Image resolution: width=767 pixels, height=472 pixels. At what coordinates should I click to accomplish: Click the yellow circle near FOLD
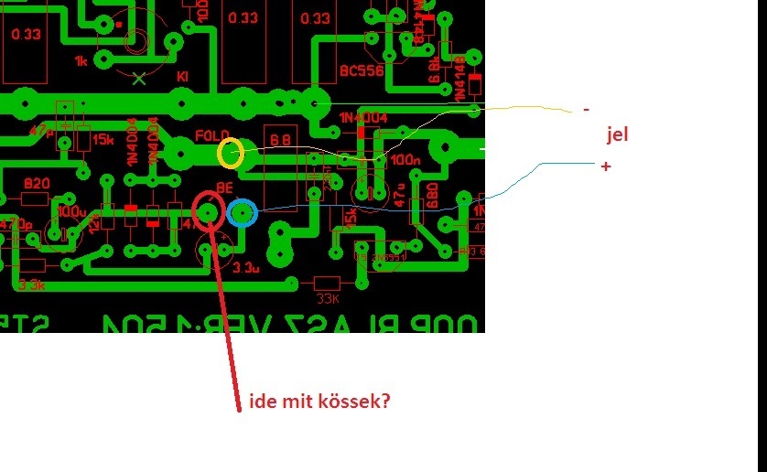pyautogui.click(x=230, y=153)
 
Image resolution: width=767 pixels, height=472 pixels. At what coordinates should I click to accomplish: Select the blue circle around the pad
pyautogui.click(x=242, y=213)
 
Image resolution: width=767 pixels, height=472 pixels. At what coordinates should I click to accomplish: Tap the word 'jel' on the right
pyautogui.click(x=617, y=135)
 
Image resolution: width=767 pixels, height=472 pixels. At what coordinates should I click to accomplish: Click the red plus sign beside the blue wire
pyautogui.click(x=605, y=166)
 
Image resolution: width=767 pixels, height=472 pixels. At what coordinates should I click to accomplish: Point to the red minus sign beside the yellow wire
pyautogui.click(x=586, y=109)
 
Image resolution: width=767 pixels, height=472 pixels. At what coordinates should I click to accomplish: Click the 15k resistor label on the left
pyautogui.click(x=103, y=140)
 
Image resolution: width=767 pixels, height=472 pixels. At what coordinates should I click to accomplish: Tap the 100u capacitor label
pyautogui.click(x=70, y=211)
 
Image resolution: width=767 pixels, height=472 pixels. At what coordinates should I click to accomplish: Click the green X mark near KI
pyautogui.click(x=139, y=79)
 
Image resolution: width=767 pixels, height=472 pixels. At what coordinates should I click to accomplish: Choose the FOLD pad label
pyautogui.click(x=212, y=136)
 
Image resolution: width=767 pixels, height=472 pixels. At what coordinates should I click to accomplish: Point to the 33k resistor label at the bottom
pyautogui.click(x=327, y=296)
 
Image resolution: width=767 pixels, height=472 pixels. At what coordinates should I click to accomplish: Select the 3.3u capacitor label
pyautogui.click(x=246, y=268)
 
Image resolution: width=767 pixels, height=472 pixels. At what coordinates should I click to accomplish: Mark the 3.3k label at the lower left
pyautogui.click(x=30, y=285)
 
